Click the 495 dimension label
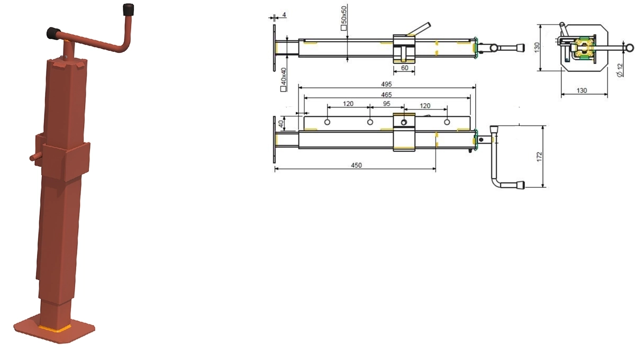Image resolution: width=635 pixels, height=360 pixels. pos(386,84)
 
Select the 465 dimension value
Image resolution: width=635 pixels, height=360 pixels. pos(386,94)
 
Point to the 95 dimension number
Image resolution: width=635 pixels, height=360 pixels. pos(387,104)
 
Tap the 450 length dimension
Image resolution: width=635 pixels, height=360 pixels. pos(356,165)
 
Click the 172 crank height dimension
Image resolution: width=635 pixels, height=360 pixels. pos(539,157)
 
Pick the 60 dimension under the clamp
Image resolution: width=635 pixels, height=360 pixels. pos(404,68)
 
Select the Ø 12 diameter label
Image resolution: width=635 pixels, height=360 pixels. pos(620,70)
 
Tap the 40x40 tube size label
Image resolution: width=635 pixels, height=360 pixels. pos(283,79)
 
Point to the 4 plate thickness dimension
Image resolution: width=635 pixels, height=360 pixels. pos(284,14)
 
